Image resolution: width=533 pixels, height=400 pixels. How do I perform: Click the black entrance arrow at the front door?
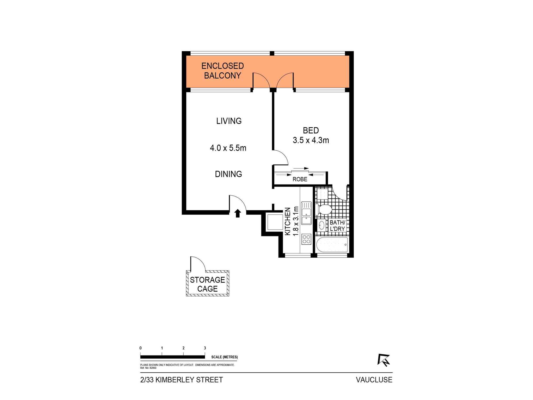pos(238,213)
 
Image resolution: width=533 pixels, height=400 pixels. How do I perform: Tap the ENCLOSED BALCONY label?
pos(223,71)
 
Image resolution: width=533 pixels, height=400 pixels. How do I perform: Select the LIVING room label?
pos(229,121)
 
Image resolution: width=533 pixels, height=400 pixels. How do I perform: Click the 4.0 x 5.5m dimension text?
pos(228,148)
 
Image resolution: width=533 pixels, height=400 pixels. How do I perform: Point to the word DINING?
pos(228,174)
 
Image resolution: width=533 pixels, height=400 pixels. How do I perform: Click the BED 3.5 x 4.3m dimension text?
pos(311,140)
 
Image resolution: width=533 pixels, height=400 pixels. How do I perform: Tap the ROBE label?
pos(300,179)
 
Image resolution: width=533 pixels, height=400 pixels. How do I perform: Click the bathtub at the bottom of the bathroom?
pos(332,245)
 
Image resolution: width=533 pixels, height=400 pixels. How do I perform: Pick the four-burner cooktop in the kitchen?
pos(306,239)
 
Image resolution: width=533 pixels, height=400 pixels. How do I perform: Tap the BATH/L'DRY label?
pos(337,226)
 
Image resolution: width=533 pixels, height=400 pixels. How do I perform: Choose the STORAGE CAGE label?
pos(207,284)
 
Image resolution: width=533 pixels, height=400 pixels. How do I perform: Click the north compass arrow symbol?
pos(384,360)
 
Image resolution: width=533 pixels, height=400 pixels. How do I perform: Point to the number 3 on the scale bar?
pos(205,348)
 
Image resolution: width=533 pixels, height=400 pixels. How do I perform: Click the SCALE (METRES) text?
pos(224,357)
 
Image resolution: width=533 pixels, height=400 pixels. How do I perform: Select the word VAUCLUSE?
pos(374,380)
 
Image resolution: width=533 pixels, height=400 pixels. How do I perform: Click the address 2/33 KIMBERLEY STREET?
pos(181,380)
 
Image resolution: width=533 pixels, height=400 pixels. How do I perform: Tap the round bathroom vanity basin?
pos(322,225)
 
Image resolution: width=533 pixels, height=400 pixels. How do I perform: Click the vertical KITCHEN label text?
pos(288,221)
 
